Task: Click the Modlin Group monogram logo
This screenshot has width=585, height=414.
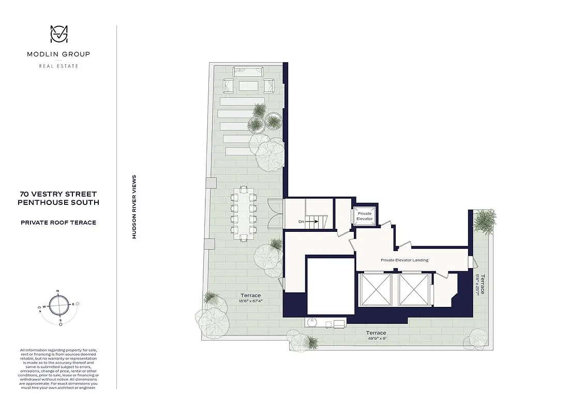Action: [x=58, y=35]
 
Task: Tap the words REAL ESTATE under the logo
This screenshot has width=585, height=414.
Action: [x=58, y=66]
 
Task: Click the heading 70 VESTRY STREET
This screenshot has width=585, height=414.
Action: [x=58, y=195]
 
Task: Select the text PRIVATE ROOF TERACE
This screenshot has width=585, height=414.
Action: [x=58, y=223]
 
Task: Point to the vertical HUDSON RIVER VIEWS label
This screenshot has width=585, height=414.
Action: [x=134, y=206]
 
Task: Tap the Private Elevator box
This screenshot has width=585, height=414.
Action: [x=365, y=216]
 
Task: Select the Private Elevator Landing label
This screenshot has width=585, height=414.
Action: [x=404, y=260]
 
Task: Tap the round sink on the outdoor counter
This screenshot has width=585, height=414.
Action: [x=311, y=323]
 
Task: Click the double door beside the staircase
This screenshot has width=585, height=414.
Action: [x=275, y=213]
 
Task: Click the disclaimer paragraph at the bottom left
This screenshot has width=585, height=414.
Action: [x=58, y=368]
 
